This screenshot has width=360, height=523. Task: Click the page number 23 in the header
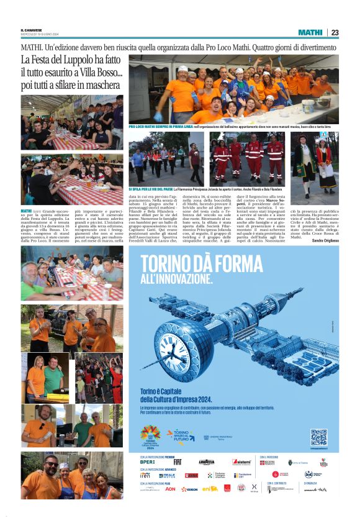[x=335, y=32]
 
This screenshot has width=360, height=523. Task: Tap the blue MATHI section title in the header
[x=310, y=32]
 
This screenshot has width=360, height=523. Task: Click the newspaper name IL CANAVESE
[x=32, y=30]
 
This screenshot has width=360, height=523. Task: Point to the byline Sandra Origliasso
[x=325, y=239]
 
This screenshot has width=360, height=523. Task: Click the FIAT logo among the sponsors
[x=178, y=463]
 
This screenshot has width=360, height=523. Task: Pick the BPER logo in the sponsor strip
[x=148, y=463]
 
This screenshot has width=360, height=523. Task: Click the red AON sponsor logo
[x=170, y=489]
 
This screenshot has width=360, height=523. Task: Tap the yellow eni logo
[x=210, y=489]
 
